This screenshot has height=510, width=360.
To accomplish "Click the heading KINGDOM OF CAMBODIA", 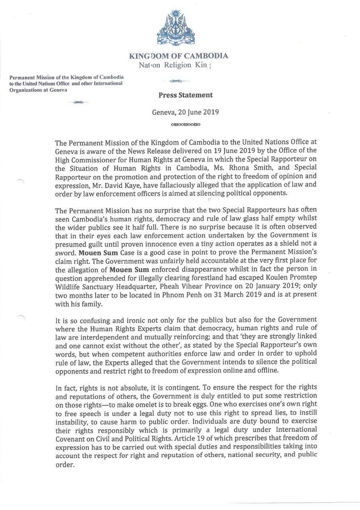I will coord(179,56).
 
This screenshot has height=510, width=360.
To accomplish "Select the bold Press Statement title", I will coord(186,95).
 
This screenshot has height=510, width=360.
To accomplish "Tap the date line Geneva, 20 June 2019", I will coord(186,112).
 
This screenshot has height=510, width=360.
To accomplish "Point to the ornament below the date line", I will coord(186,124).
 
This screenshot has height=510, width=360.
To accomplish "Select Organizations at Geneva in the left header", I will coord(38,90).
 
